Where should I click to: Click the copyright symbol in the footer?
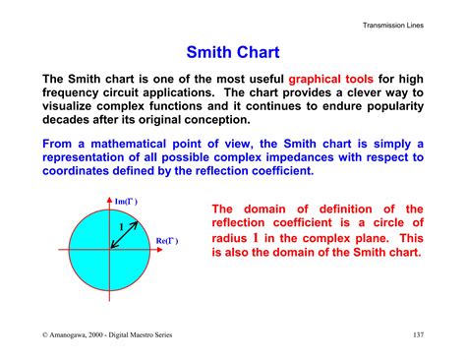(x=45, y=335)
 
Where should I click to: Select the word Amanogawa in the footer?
(x=77, y=335)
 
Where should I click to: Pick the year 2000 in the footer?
(x=117, y=335)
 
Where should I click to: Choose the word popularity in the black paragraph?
(x=384, y=105)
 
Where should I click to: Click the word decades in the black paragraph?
(x=69, y=119)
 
